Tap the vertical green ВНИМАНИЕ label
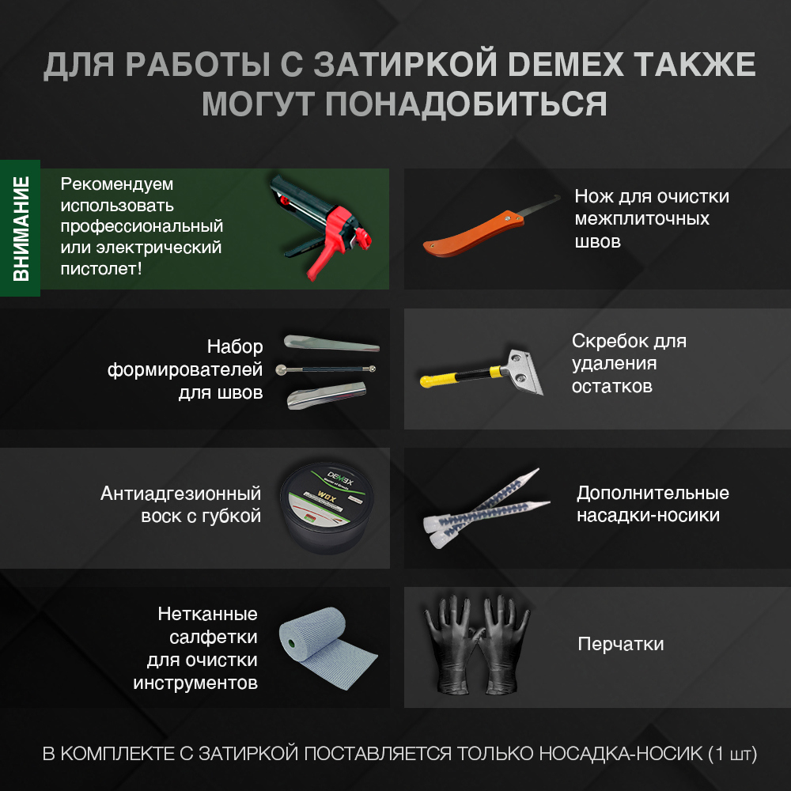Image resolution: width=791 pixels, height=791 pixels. [21, 229]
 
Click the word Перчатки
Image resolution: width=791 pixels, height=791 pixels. [621, 644]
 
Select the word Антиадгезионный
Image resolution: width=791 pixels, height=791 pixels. [180, 494]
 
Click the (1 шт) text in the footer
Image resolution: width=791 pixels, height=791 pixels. [732, 754]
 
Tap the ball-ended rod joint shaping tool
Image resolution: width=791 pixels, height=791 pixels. [326, 369]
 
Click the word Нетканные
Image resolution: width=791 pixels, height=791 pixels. [207, 615]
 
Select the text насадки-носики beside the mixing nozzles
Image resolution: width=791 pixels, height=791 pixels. [648, 516]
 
